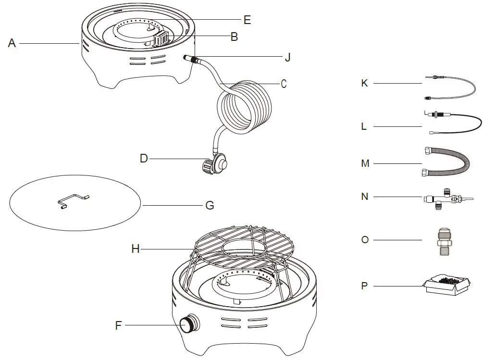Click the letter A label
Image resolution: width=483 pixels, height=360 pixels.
(12, 43)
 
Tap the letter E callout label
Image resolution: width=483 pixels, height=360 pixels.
(247, 20)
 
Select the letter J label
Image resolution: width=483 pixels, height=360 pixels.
(287, 57)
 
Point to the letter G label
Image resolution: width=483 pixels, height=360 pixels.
(210, 205)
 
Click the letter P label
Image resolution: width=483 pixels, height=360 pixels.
(364, 286)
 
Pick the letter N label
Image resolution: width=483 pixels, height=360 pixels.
(365, 197)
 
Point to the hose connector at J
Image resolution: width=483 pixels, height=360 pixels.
(191, 59)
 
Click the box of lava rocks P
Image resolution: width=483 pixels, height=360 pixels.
(447, 286)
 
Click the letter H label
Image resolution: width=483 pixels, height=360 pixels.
(136, 248)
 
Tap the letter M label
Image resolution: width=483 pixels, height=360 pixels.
(365, 163)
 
